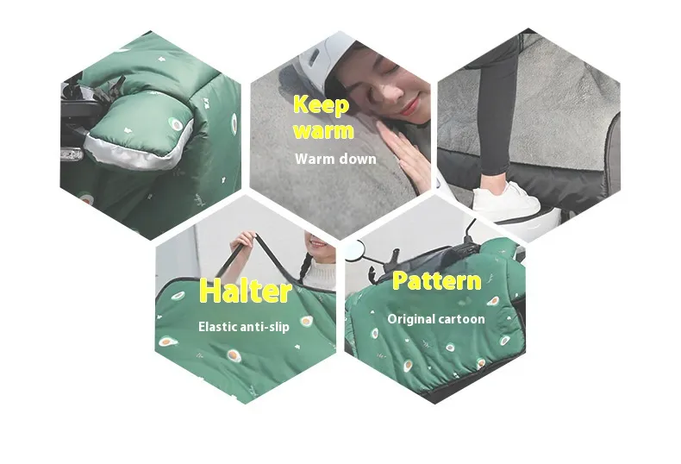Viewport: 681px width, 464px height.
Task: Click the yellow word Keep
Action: click(x=321, y=105)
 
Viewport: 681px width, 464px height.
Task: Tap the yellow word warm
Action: click(x=323, y=131)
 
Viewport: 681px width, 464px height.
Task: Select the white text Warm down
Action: click(x=335, y=159)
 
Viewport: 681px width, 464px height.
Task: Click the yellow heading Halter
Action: click(x=246, y=292)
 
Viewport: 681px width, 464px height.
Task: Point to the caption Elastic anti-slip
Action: click(x=244, y=327)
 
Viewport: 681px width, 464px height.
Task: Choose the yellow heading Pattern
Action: click(x=437, y=281)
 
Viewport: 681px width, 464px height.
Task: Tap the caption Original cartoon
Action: click(x=436, y=319)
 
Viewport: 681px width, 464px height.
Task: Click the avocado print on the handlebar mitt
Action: click(x=176, y=125)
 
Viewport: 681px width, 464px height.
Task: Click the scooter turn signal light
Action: click(x=72, y=154)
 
